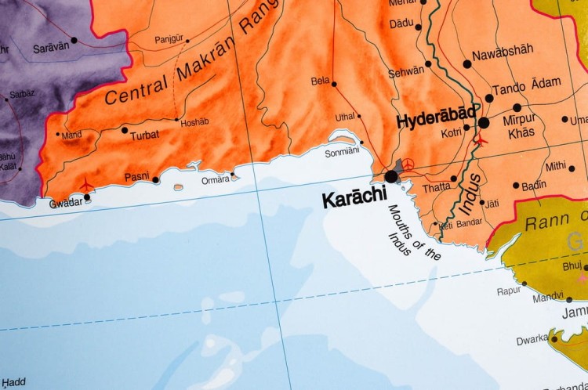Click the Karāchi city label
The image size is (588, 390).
point(354,200)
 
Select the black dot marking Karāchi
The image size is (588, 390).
point(390,177)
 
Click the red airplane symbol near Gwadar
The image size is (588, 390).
point(85,186)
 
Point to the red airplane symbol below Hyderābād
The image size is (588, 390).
point(480,141)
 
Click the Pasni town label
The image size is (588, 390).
point(136,179)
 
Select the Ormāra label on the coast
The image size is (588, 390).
point(216,179)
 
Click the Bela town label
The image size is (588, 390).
point(320,81)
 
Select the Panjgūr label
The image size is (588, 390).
point(169,38)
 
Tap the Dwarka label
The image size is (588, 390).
point(532,341)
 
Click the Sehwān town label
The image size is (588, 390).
point(405,70)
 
